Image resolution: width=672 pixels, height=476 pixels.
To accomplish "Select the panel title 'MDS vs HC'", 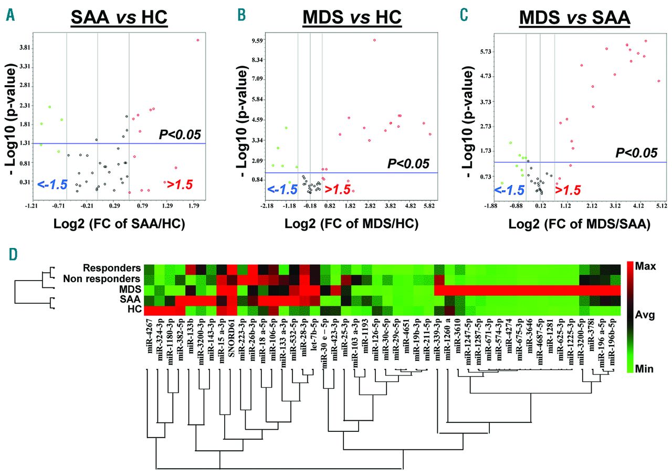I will (352, 17).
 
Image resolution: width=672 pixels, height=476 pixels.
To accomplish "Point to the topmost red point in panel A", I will (198, 40).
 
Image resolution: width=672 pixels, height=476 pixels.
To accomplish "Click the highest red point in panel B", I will (374, 40).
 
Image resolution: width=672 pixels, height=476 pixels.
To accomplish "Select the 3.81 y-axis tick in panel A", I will (24, 48).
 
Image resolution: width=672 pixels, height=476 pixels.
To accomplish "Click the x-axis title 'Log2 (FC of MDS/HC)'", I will (351, 223).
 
